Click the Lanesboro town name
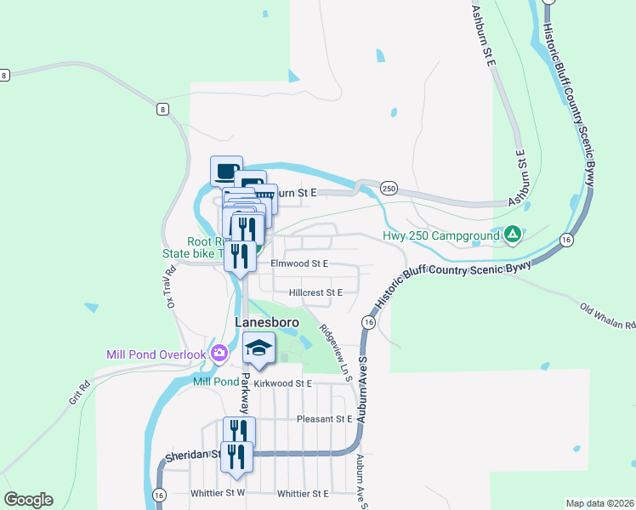click(264, 323)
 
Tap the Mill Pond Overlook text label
click(156, 354)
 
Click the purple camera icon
click(219, 353)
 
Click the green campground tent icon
click(513, 234)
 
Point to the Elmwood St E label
click(299, 264)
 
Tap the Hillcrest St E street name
click(315, 292)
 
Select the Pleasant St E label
click(325, 419)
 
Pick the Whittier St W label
click(218, 493)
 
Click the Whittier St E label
click(304, 493)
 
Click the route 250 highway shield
click(389, 188)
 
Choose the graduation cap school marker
click(259, 348)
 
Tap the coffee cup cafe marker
click(226, 171)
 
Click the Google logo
click(28, 500)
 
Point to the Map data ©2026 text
click(599, 503)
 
